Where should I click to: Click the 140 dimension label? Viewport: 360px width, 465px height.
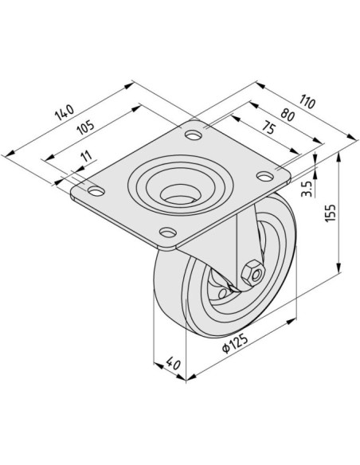tap(64, 112)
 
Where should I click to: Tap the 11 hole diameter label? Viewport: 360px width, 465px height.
tap(86, 156)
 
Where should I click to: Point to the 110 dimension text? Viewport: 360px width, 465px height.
tap(307, 101)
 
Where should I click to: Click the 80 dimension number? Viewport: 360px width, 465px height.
tap(288, 115)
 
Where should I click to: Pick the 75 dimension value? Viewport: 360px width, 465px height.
tap(268, 128)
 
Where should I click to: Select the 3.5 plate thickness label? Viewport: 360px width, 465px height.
tap(307, 189)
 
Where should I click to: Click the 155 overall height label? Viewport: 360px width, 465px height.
tap(330, 213)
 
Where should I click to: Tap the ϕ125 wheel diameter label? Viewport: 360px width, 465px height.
tap(235, 343)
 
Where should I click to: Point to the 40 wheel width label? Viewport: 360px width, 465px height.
tap(173, 363)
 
